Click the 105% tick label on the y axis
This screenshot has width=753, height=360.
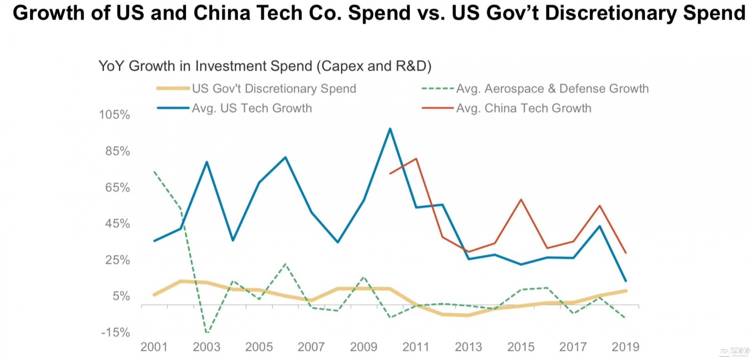pyautogui.click(x=114, y=115)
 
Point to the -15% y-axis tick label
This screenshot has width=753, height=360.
pyautogui.click(x=115, y=332)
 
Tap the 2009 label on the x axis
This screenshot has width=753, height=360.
pyautogui.click(x=363, y=347)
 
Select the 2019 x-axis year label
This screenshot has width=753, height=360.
pyautogui.click(x=625, y=347)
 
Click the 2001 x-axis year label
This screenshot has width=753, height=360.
pyautogui.click(x=154, y=347)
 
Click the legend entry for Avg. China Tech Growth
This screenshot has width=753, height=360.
pyautogui.click(x=523, y=108)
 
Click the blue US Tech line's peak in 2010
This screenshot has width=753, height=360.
pyautogui.click(x=390, y=129)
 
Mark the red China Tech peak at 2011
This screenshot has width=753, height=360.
pyautogui.click(x=416, y=159)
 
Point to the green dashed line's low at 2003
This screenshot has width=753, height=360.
pyautogui.click(x=207, y=332)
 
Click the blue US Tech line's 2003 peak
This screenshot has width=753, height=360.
pyautogui.click(x=207, y=162)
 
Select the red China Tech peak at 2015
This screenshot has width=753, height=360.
pyautogui.click(x=521, y=200)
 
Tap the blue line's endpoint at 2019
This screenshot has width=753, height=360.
pyautogui.click(x=626, y=281)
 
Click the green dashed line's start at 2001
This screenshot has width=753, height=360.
pyautogui.click(x=154, y=172)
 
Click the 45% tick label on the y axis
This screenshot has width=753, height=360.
pyautogui.click(x=117, y=223)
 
